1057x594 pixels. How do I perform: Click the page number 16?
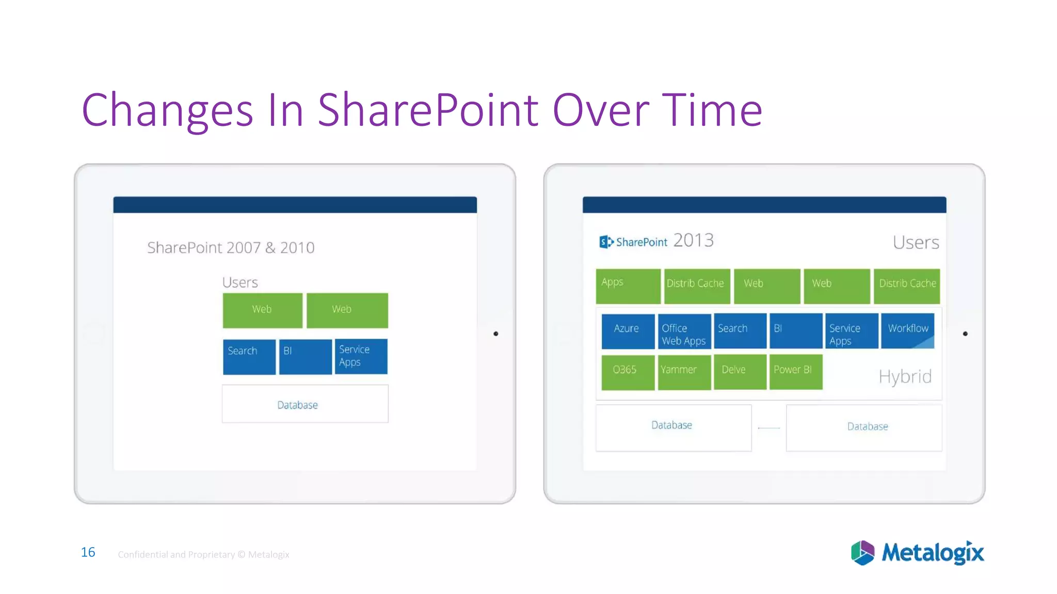pos(88,552)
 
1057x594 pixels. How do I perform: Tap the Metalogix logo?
pos(917,553)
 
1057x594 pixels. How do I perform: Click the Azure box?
pos(628,331)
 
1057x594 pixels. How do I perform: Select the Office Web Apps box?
pos(684,332)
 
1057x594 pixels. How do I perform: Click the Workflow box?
pos(907,331)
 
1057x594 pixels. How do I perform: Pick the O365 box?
pos(628,372)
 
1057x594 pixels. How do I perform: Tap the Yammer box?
pos(684,372)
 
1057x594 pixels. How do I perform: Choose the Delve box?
pos(740,372)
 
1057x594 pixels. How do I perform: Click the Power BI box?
pos(795,372)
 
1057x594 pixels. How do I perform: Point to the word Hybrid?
pos(905,377)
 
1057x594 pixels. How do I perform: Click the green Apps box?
pos(628,286)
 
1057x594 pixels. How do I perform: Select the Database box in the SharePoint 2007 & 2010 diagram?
pos(305,404)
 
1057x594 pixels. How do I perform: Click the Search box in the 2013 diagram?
pos(740,331)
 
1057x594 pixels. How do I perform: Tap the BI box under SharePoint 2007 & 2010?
pos(305,356)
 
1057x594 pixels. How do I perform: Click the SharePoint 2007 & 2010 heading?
pos(231,248)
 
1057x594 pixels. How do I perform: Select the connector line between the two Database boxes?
pos(768,428)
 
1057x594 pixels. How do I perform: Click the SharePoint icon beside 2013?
pos(606,242)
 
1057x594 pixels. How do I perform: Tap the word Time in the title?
pos(712,110)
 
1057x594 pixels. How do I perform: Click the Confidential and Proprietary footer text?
pos(203,555)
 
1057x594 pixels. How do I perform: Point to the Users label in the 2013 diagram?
pos(916,243)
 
